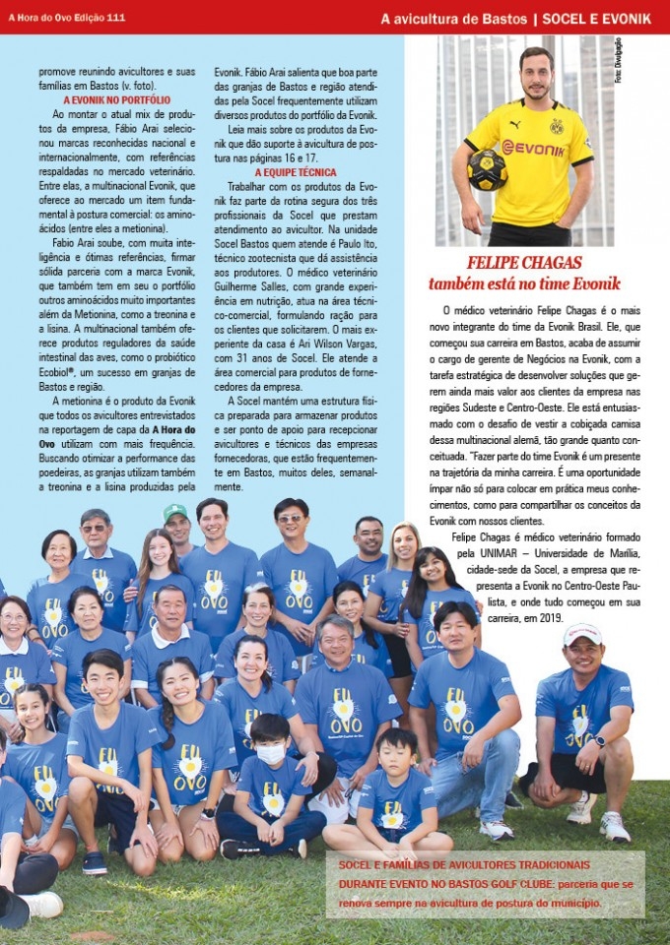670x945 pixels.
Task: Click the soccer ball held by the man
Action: point(487,169)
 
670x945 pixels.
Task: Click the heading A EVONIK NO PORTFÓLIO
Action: point(117,100)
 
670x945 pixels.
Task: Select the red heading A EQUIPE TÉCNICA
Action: point(296,172)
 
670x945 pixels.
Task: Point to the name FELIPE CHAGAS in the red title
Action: point(524,263)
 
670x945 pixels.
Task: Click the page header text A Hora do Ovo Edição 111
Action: point(67,18)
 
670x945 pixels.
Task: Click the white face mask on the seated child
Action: point(270,753)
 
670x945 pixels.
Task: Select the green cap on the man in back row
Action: point(175,513)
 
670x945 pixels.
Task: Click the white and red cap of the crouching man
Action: point(582,635)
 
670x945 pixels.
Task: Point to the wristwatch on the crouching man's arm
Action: point(600,741)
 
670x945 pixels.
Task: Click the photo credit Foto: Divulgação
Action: point(619,61)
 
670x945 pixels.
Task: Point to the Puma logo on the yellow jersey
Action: point(513,125)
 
